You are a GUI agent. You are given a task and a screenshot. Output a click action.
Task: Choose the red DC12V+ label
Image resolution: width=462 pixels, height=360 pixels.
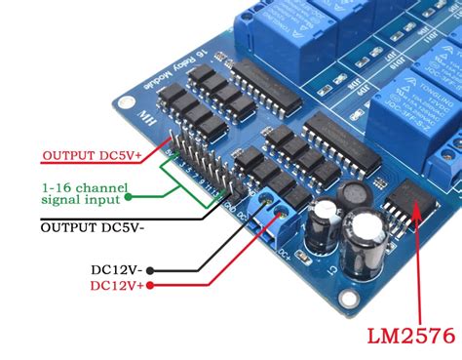coord(117,286)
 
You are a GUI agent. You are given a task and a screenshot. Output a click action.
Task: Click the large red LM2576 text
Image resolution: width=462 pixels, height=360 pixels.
coord(410,337)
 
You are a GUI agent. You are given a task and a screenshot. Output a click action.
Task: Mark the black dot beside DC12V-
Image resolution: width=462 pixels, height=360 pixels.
coord(155,267)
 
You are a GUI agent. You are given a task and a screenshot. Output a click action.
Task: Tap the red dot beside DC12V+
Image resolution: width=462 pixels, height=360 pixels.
coord(155,286)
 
